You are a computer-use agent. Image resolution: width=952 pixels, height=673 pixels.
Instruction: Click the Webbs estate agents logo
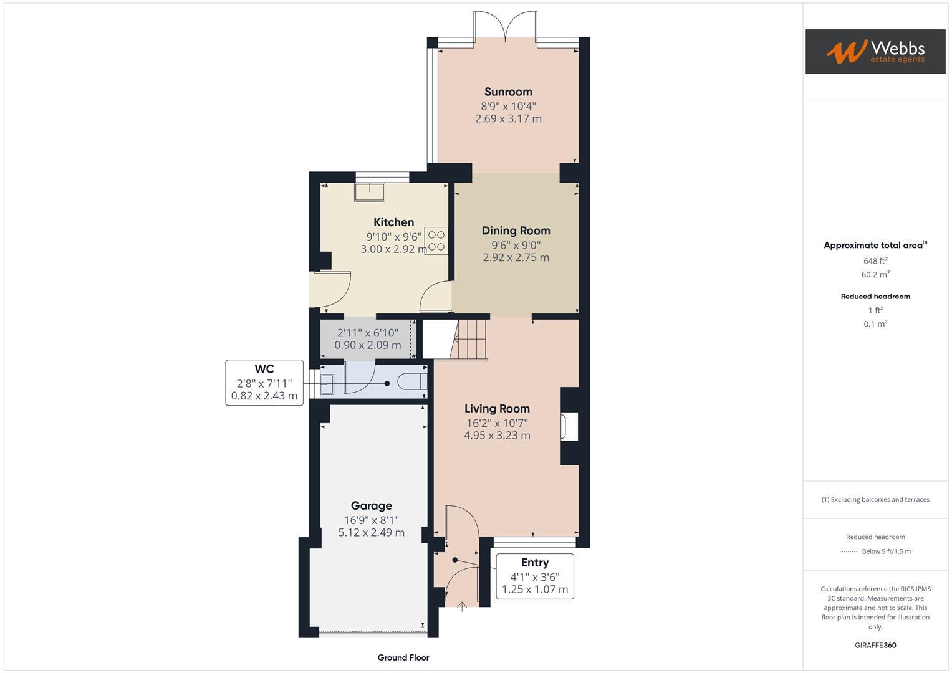(x=875, y=51)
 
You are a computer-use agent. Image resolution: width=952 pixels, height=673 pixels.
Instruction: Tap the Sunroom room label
(x=508, y=92)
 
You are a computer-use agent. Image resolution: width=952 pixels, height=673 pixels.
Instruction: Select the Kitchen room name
(x=393, y=222)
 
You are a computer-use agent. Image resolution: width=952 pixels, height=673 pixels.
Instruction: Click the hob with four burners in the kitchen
(x=436, y=241)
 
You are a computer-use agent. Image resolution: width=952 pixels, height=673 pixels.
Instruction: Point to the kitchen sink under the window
(x=370, y=191)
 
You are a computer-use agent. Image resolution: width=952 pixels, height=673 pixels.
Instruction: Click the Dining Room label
(x=516, y=231)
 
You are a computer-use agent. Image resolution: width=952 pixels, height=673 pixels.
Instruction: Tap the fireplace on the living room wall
(x=569, y=426)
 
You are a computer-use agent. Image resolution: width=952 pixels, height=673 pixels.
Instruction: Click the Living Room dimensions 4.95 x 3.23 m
(x=497, y=436)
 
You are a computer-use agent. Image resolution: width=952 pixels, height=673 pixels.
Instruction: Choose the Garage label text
(x=371, y=506)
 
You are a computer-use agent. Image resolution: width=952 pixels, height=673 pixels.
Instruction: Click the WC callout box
(x=264, y=383)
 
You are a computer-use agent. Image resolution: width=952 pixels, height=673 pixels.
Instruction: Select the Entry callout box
(x=535, y=576)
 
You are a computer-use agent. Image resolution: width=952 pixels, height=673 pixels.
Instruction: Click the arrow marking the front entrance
(x=462, y=606)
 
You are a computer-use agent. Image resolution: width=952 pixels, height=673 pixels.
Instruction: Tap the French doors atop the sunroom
(x=506, y=27)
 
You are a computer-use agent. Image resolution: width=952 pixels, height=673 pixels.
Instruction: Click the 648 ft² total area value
(x=875, y=261)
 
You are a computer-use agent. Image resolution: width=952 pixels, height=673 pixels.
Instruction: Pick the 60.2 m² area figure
(x=875, y=275)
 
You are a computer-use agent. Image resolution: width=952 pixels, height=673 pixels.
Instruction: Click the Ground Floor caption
(x=403, y=657)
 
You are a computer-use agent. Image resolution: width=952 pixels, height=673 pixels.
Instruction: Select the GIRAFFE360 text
(x=875, y=645)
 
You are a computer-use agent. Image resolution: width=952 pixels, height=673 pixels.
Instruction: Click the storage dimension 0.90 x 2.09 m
(x=368, y=345)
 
